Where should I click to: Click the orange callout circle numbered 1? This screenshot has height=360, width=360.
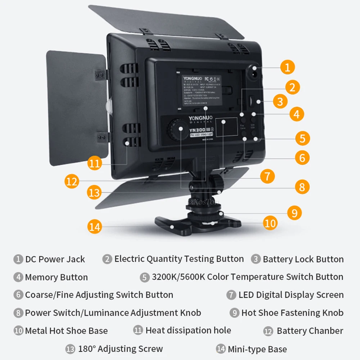point(287,67)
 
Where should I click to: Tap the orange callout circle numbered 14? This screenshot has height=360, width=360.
point(94,227)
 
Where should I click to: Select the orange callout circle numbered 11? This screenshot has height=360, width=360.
point(94,163)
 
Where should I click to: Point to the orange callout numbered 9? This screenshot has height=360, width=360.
point(294,213)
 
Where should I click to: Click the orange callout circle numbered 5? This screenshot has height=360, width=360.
point(302,138)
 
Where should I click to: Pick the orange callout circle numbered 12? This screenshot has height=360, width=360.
point(72,181)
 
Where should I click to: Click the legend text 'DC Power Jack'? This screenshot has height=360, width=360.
point(55,259)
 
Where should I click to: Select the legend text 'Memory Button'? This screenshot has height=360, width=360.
point(57,277)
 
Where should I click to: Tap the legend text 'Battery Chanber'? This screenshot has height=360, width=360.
point(310,331)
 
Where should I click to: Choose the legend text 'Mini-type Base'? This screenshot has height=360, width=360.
point(257,349)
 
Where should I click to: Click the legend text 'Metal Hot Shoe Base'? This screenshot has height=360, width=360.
point(66,330)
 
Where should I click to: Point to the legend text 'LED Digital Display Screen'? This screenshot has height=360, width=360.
point(291,295)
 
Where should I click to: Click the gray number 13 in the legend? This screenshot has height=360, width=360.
point(70,349)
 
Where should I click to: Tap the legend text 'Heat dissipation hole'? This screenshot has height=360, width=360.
point(188,330)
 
